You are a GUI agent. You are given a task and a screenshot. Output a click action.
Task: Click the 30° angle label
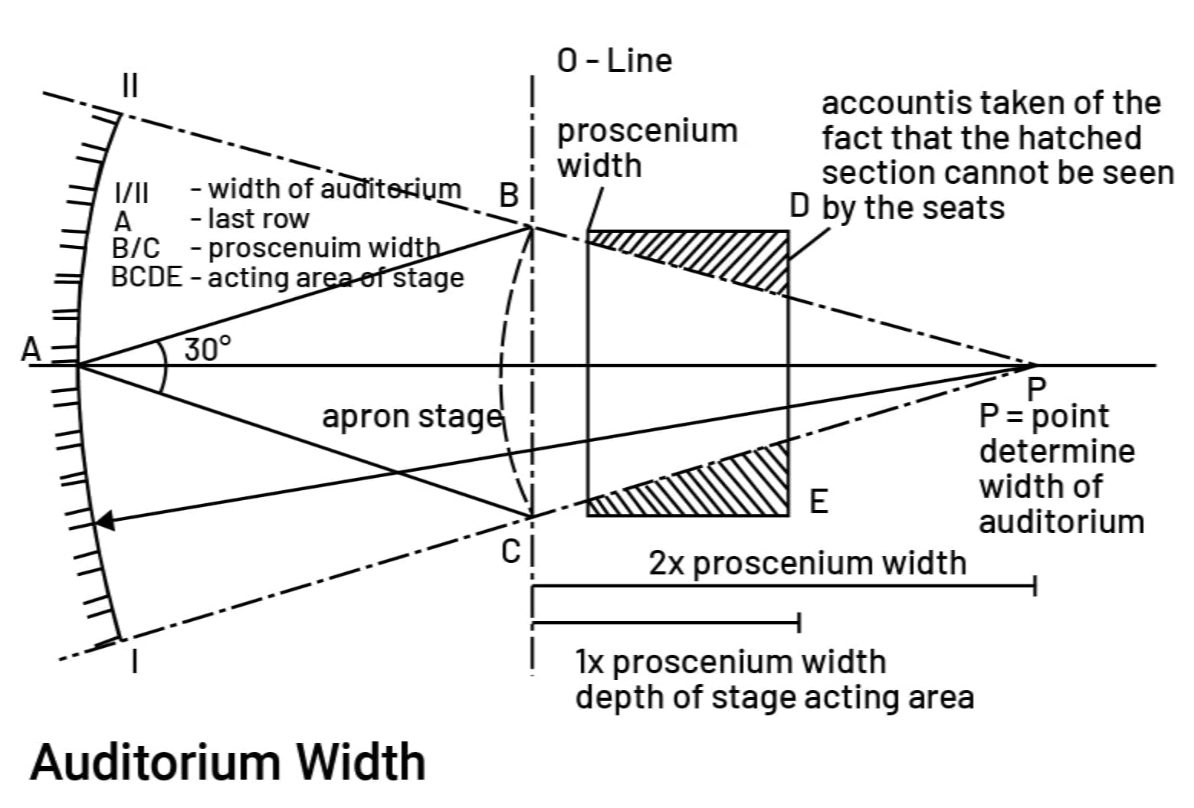207,349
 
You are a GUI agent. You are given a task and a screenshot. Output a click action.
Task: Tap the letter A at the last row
30,350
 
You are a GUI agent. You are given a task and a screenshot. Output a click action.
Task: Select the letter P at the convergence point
1035,388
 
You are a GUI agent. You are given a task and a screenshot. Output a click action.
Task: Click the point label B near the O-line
510,197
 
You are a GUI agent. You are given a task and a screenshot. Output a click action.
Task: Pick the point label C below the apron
510,551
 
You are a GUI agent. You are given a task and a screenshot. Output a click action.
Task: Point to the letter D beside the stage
799,206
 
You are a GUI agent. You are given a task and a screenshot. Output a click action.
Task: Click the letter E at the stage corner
818,502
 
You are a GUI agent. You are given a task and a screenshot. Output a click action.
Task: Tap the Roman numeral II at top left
130,86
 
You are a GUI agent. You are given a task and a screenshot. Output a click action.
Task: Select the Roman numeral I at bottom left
135,661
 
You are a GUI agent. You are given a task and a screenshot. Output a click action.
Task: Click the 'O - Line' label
615,61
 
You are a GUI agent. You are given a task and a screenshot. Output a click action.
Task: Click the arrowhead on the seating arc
104,522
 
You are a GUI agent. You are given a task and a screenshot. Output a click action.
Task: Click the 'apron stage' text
412,417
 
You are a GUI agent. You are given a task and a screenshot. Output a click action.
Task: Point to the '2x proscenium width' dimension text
807,563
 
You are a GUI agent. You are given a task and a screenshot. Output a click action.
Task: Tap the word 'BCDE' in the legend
147,277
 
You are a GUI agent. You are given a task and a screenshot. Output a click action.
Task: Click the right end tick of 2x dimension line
1035,587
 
